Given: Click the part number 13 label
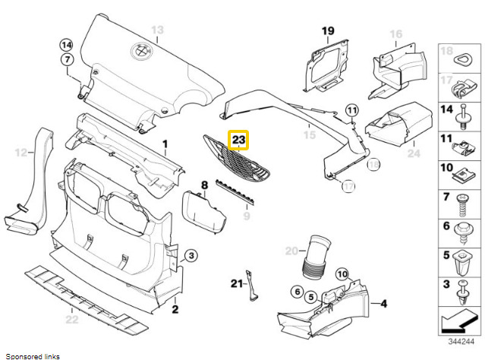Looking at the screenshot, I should coord(157,30).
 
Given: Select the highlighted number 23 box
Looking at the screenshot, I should coord(239,140).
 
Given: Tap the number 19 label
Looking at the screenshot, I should coord(327,31).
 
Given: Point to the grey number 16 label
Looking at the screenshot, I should coord(395,34).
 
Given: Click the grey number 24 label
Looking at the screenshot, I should coord(413,153).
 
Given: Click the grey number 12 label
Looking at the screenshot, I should coord(20,153).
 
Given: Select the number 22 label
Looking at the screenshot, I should coord(71,319).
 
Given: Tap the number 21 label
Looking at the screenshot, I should coord(236,285).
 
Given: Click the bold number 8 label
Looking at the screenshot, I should coord(204,185).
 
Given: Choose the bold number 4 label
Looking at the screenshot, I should coord(384,304).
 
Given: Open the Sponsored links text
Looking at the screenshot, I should coord(31,355).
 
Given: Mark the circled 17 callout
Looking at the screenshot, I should coord(348,185).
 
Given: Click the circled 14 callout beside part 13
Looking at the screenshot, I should coord(67,44).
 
